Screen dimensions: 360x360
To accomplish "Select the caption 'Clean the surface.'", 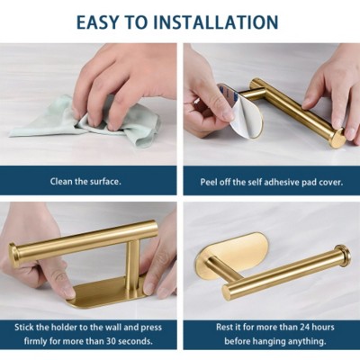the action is click(85, 182).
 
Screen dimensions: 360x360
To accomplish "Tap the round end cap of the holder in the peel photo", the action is click(337, 139).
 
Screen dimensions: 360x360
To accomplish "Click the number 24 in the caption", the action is click(285, 327).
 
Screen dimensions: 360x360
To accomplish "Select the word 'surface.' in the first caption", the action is click(105, 182).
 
